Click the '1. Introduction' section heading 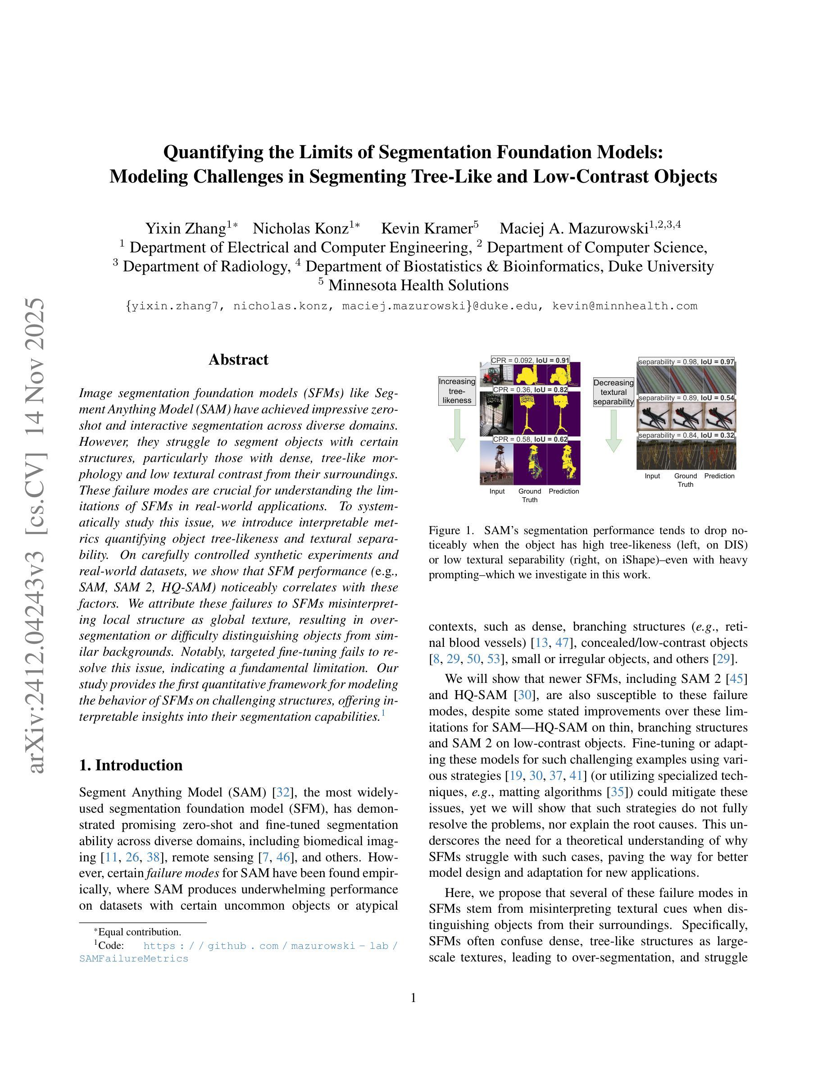(131, 765)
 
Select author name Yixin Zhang (185, 229)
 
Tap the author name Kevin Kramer (426, 229)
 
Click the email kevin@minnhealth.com (625, 307)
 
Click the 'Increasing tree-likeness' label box (457, 391)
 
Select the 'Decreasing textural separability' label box (613, 392)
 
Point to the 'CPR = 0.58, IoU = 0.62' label (530, 439)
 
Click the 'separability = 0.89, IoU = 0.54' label (686, 398)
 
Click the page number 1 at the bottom (413, 998)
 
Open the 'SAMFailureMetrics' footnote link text (134, 959)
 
